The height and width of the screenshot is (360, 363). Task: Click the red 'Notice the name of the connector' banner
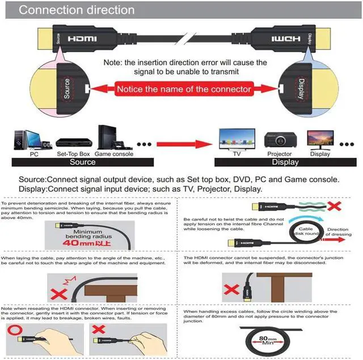(183, 89)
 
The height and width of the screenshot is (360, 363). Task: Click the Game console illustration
(113, 137)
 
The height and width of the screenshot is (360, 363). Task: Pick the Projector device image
(279, 140)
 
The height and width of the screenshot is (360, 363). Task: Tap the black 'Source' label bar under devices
(82, 162)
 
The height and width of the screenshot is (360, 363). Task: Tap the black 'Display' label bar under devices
(285, 162)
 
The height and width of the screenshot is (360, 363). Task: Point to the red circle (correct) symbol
(15, 330)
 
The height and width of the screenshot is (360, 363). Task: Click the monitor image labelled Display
(320, 140)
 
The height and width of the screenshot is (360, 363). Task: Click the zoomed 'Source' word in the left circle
(67, 88)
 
